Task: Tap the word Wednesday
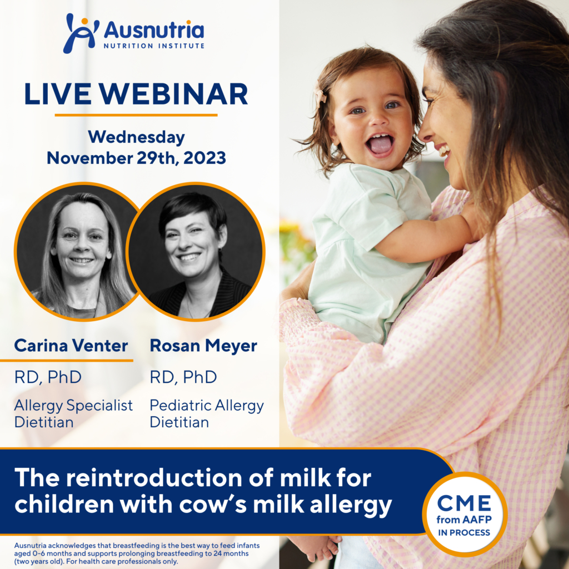pos(136,137)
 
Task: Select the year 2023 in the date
pos(203,158)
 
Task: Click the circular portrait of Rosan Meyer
pos(196,252)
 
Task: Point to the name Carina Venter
pos(71,346)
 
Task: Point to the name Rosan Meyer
pos(203,346)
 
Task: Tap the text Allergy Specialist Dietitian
pos(73,414)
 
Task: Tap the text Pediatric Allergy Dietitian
pos(207,414)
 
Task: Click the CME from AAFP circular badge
pos(464,514)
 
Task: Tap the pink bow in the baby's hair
pos(321,98)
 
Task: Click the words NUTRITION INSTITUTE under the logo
pos(153,45)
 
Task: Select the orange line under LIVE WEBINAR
pos(136,115)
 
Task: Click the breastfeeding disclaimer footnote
pos(137,553)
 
